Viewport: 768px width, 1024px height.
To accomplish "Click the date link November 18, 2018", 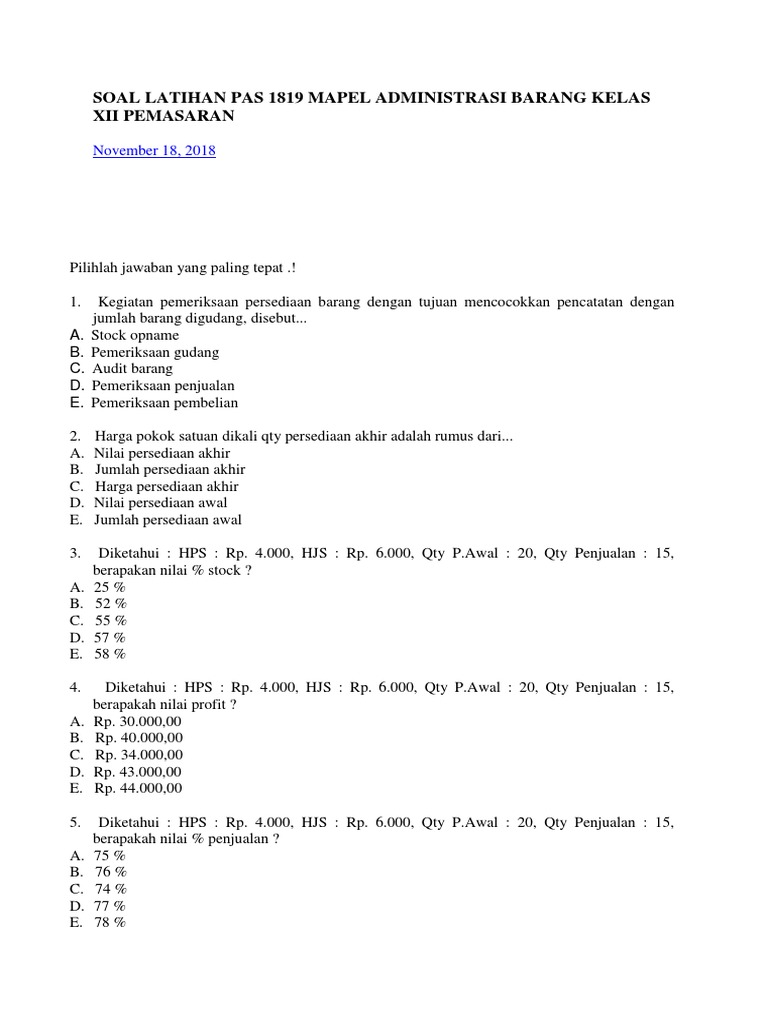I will coord(154,151).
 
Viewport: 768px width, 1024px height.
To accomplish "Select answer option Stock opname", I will coord(135,335).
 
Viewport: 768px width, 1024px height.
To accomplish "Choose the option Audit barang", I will coord(132,369).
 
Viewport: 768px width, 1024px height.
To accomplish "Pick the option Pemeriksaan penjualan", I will coord(156,386).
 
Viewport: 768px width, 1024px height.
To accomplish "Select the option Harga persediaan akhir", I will coord(166,486).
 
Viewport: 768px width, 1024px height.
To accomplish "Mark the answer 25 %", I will coord(109,587).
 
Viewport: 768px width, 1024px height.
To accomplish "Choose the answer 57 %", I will coord(110,637).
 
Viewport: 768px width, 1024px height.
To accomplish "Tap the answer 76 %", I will coord(110,872).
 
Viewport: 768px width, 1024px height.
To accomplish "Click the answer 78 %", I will coord(110,922).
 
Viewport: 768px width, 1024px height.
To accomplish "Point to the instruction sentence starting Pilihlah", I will coord(182,268).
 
